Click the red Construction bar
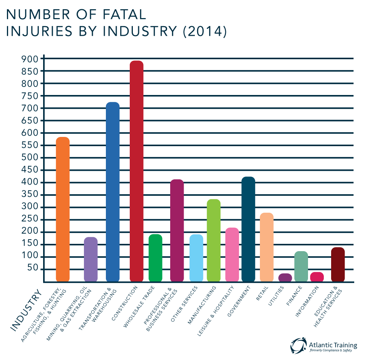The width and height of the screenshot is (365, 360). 137,171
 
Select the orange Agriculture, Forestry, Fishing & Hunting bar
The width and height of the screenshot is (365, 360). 63,209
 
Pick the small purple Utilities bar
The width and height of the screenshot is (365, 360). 285,277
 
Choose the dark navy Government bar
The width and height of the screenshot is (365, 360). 248,229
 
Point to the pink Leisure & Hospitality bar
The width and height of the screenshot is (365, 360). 232,254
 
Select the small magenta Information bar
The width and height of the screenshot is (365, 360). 317,277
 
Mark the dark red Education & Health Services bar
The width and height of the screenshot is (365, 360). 338,264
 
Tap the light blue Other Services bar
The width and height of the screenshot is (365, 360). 196,258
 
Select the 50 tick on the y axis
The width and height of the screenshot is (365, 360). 35,269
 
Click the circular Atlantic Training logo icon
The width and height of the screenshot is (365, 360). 298,345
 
